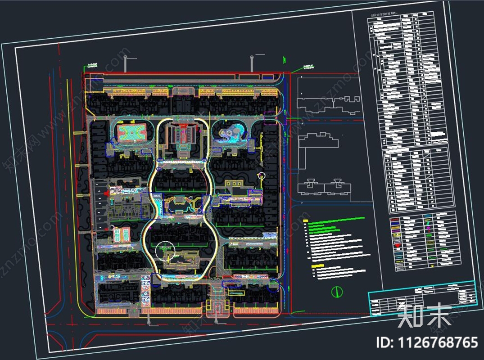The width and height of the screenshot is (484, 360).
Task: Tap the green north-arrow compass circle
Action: point(335,292)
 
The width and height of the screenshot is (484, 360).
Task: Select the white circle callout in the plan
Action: point(164,250)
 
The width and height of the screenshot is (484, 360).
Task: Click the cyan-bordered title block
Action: point(422,298)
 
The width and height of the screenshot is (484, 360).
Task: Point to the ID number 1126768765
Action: point(427,342)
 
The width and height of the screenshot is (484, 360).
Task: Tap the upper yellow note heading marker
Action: point(306,220)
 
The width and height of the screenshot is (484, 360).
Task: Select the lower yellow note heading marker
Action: point(313,266)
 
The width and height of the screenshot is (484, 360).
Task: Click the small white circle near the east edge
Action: point(262,175)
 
